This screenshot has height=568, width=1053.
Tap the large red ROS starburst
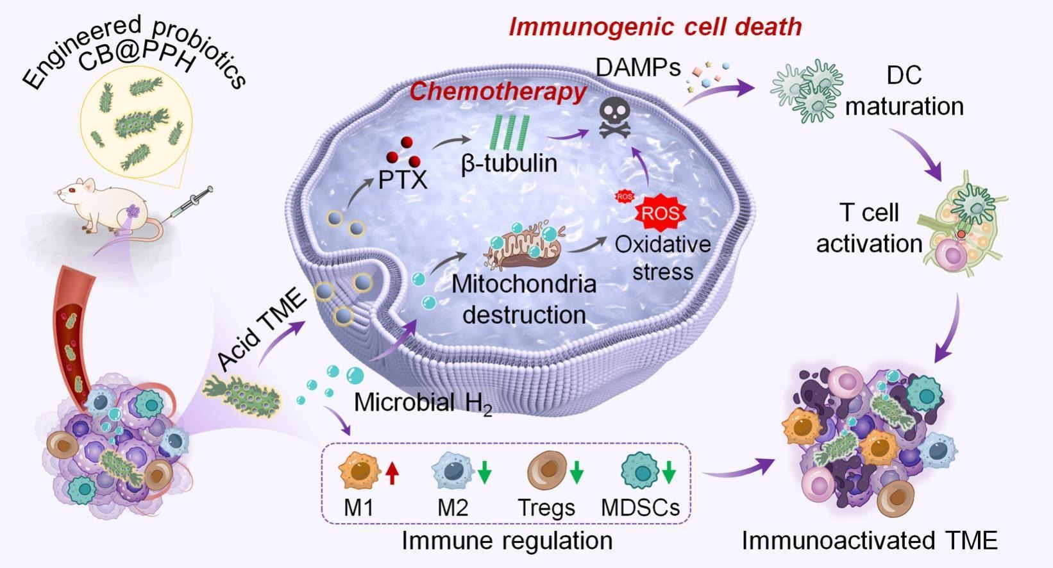tap(661, 213)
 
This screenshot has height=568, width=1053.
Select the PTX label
tap(402, 180)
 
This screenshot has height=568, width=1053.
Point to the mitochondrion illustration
tap(523, 246)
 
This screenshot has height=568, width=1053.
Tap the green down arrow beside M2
tap(485, 472)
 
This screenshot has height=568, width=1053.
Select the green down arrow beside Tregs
tap(577, 472)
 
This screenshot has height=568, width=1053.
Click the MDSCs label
tap(640, 508)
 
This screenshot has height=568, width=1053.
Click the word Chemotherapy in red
tap(498, 92)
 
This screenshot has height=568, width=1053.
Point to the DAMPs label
tap(638, 67)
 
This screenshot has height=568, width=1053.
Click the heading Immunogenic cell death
tap(655, 27)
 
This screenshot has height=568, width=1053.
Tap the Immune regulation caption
tap(507, 540)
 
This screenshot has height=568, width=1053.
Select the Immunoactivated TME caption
tap(870, 540)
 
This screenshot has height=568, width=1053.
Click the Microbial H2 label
tap(423, 403)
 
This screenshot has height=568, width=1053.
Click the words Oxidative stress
tap(662, 258)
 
